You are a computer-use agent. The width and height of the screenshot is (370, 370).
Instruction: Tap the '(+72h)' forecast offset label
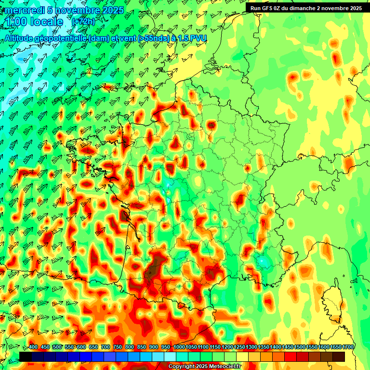click(x=83, y=22)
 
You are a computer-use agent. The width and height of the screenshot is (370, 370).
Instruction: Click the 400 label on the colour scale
click(x=33, y=347)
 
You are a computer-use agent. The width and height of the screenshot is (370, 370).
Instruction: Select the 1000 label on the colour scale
click(x=179, y=347)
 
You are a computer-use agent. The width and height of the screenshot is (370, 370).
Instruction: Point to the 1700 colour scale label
click(x=347, y=347)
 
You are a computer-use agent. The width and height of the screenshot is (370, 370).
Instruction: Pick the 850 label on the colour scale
click(x=142, y=347)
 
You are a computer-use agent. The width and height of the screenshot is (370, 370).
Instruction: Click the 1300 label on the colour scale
click(x=251, y=347)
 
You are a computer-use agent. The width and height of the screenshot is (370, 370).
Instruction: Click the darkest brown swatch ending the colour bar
click(x=339, y=357)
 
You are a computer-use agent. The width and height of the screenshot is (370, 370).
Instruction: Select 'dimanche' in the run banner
click(x=306, y=8)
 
